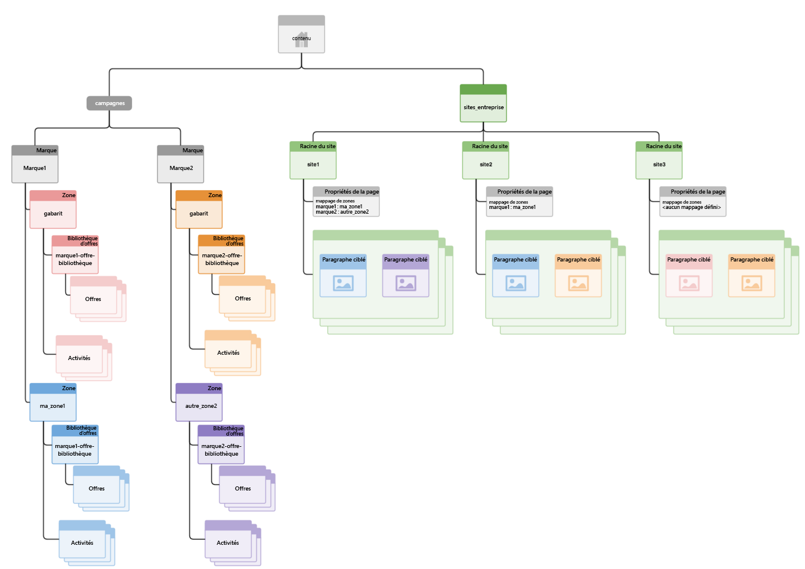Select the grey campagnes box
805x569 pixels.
(110, 103)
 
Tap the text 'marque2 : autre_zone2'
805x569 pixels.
(342, 212)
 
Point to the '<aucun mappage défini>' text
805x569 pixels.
(691, 207)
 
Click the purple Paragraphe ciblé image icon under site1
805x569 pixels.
(406, 283)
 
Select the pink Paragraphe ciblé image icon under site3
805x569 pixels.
(689, 283)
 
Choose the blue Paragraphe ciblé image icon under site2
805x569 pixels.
(515, 283)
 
